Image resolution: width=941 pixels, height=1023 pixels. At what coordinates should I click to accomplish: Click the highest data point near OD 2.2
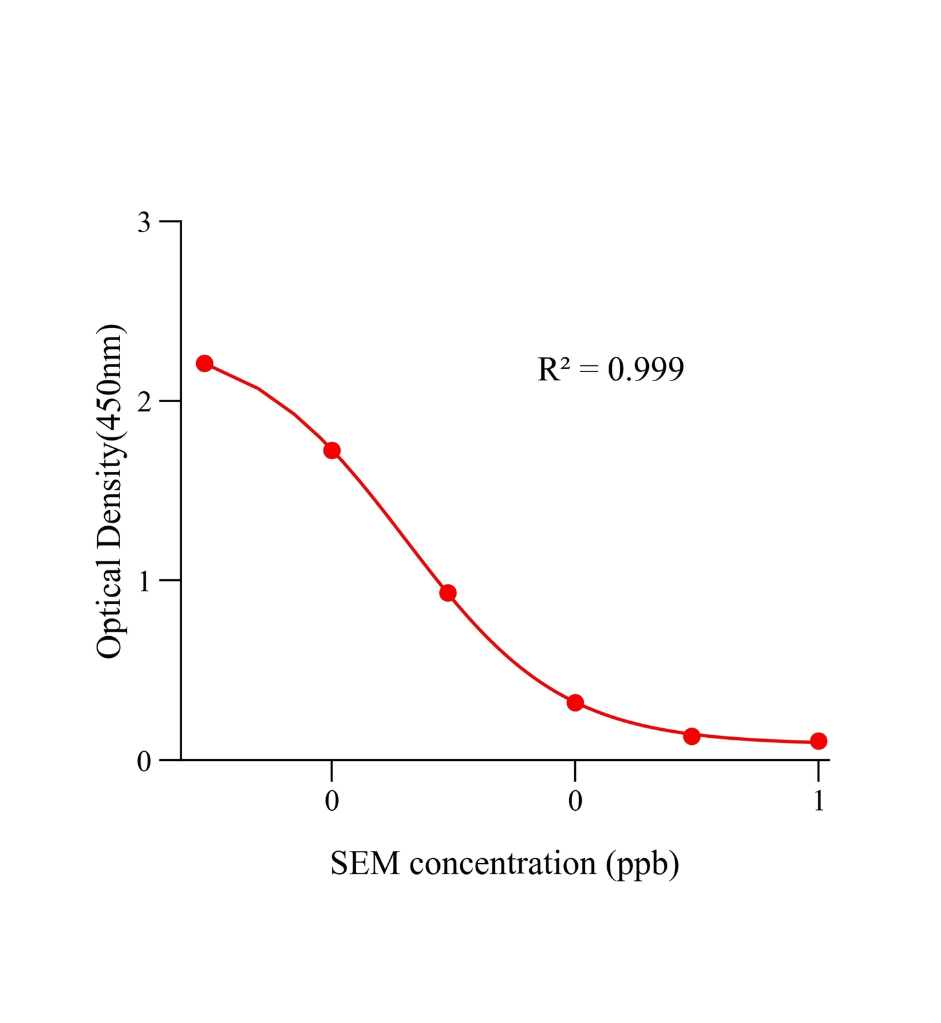click(205, 364)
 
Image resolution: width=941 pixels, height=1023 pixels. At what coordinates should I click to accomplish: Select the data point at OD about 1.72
click(332, 451)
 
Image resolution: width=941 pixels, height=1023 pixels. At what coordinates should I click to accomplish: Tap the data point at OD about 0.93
click(448, 593)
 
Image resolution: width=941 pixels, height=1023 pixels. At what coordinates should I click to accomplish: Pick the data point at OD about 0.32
click(575, 703)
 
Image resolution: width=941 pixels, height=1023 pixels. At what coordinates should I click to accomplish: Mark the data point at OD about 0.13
click(692, 736)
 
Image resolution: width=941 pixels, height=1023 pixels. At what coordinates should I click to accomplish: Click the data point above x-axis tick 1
click(818, 741)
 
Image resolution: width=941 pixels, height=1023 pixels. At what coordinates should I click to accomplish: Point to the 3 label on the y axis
click(144, 223)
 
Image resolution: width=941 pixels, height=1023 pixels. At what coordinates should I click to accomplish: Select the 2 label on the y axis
click(144, 402)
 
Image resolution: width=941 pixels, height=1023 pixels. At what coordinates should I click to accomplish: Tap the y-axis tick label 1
click(144, 581)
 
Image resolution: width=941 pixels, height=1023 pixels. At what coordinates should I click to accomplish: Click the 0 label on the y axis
click(144, 761)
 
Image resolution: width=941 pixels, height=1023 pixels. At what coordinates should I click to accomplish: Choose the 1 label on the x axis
click(819, 801)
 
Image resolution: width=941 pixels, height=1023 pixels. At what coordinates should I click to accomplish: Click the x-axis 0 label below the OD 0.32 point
click(575, 801)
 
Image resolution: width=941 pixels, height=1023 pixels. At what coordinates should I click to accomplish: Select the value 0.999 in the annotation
click(646, 370)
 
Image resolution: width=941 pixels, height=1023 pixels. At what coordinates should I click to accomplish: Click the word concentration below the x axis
click(502, 864)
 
